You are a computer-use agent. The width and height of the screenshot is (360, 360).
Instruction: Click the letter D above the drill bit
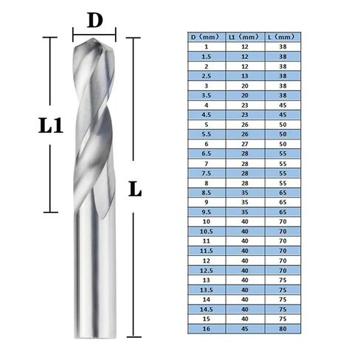[x=94, y=21]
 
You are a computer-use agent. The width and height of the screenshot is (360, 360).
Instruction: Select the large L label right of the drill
[x=134, y=189]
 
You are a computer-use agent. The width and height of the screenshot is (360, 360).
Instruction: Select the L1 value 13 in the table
[x=244, y=74]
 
